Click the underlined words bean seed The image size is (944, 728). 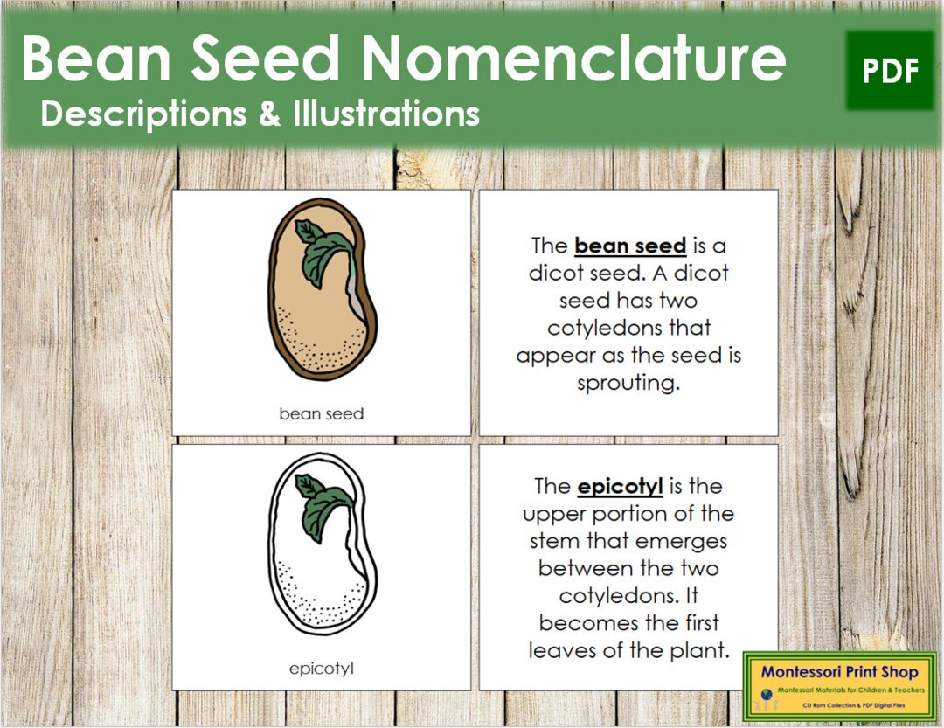tap(630, 246)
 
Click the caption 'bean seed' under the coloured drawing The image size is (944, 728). tap(321, 413)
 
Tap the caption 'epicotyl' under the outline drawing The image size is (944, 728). tap(321, 669)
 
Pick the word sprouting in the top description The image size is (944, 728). tap(628, 384)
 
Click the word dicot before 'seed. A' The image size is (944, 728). tap(559, 274)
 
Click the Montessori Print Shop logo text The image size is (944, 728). tap(839, 672)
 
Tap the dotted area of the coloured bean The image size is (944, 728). tap(323, 332)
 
